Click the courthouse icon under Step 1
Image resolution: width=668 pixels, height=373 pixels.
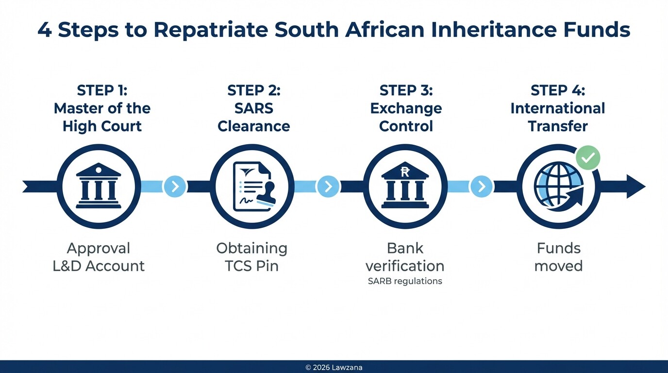99,186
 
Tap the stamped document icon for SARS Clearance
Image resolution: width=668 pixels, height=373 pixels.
252,186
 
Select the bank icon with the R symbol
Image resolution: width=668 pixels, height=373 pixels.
405,186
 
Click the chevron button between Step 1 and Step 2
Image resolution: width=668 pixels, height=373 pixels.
175,186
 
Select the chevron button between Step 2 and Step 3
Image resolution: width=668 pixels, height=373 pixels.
328,186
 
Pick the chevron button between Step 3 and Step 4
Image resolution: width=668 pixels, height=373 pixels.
482,186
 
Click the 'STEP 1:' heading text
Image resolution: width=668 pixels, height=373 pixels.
101,90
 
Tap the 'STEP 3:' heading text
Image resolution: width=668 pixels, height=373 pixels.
406,90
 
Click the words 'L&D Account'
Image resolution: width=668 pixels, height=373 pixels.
99,266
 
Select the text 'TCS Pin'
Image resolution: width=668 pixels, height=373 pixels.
251,266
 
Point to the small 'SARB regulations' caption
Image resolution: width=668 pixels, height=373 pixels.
405,281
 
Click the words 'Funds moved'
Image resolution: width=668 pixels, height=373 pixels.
558,257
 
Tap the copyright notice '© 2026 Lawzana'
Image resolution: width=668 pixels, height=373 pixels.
334,368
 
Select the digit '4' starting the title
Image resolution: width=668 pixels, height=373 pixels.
44,30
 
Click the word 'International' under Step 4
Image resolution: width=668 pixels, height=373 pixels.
557,108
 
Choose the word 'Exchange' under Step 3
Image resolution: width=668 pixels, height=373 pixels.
406,108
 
